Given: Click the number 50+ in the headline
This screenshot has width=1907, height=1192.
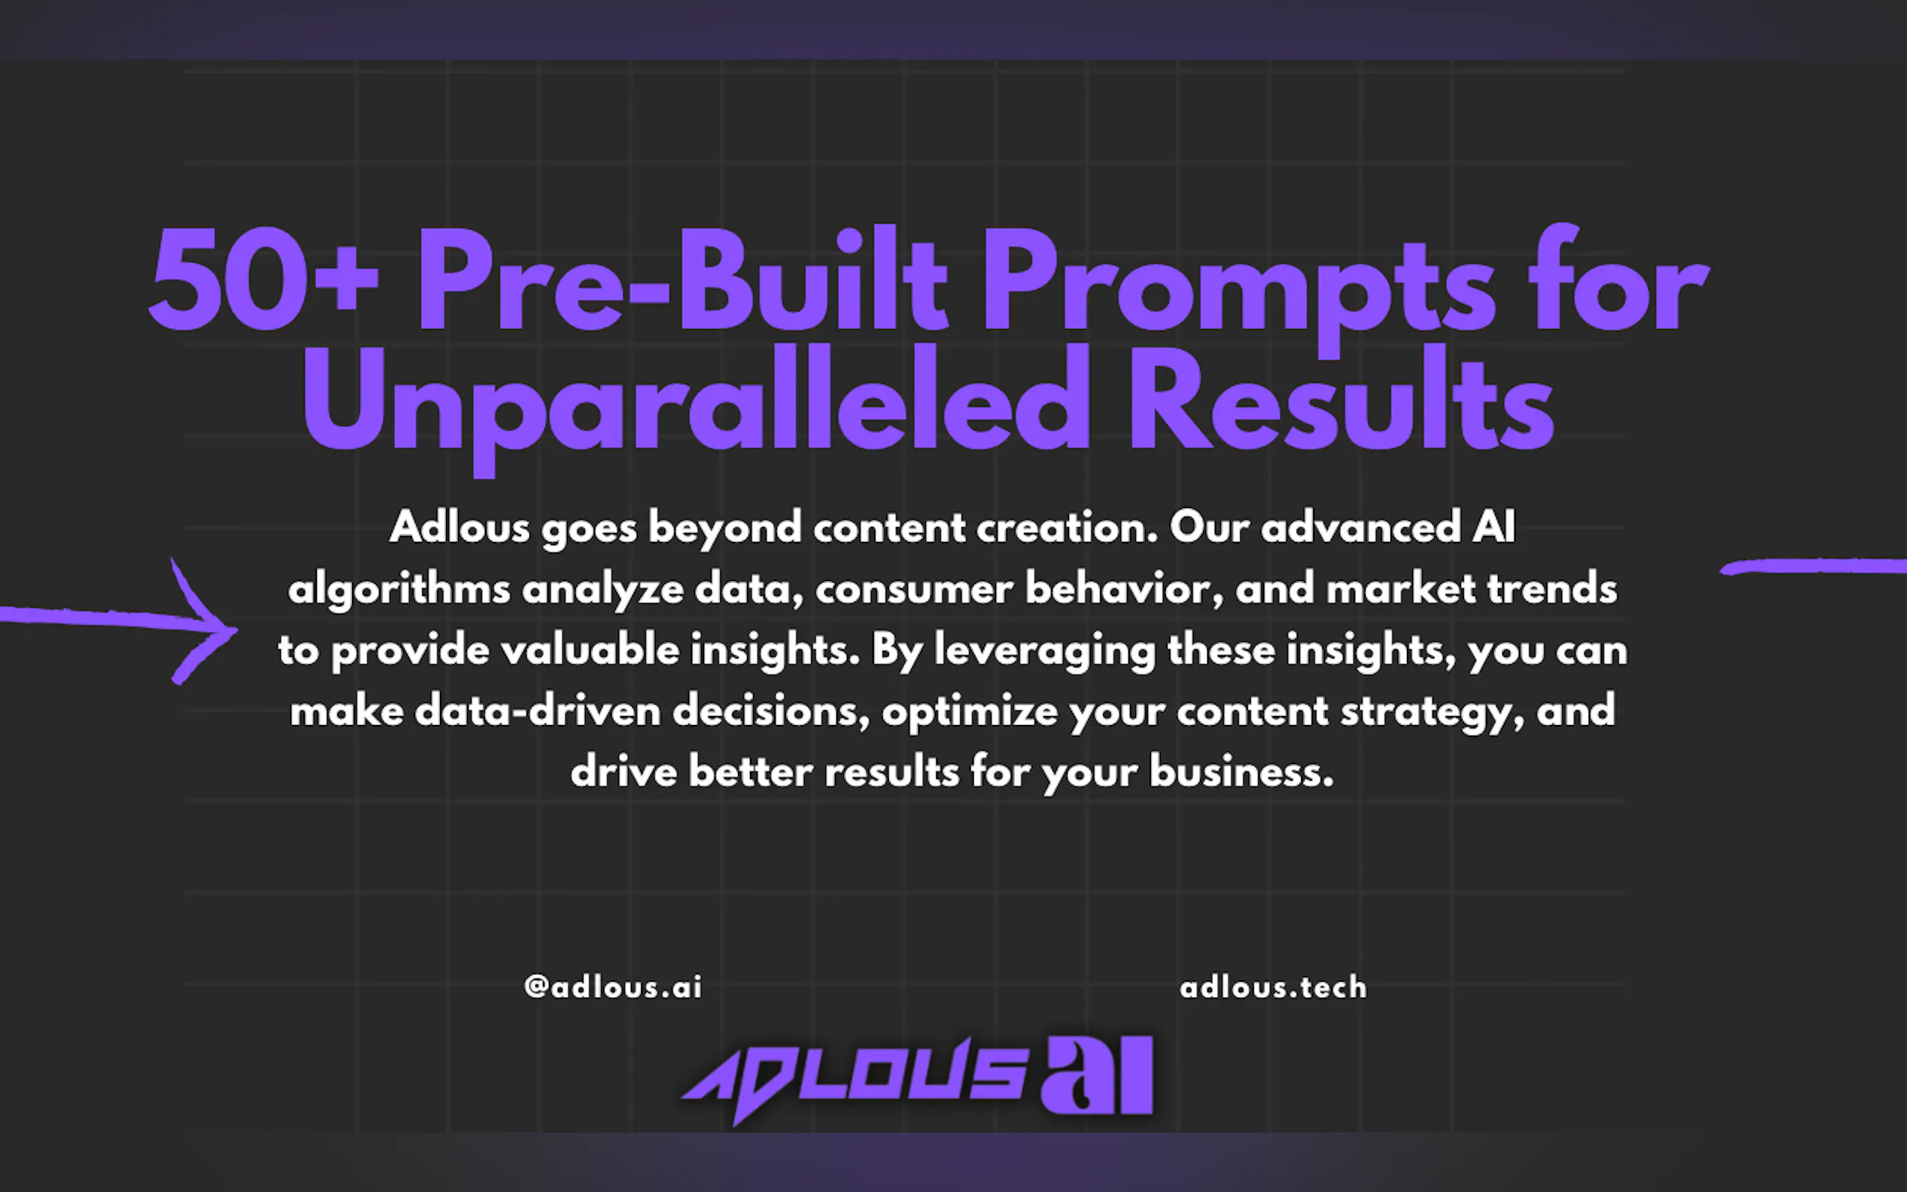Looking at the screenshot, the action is click(264, 279).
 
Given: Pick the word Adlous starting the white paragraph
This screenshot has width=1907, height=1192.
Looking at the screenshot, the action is click(459, 527).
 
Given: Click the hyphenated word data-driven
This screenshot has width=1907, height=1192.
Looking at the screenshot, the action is click(538, 711).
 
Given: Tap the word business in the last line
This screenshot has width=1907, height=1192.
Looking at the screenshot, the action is click(1241, 772).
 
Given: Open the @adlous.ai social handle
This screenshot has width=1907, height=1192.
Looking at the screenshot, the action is click(613, 987).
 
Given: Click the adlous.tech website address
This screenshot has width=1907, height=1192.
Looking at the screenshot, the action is click(1273, 987).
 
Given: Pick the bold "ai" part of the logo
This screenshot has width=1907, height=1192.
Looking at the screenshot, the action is click(1098, 1076).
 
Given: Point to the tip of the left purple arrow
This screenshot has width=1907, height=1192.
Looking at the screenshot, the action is click(236, 629).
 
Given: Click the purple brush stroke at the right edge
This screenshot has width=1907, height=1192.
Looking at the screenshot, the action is click(1813, 566).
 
